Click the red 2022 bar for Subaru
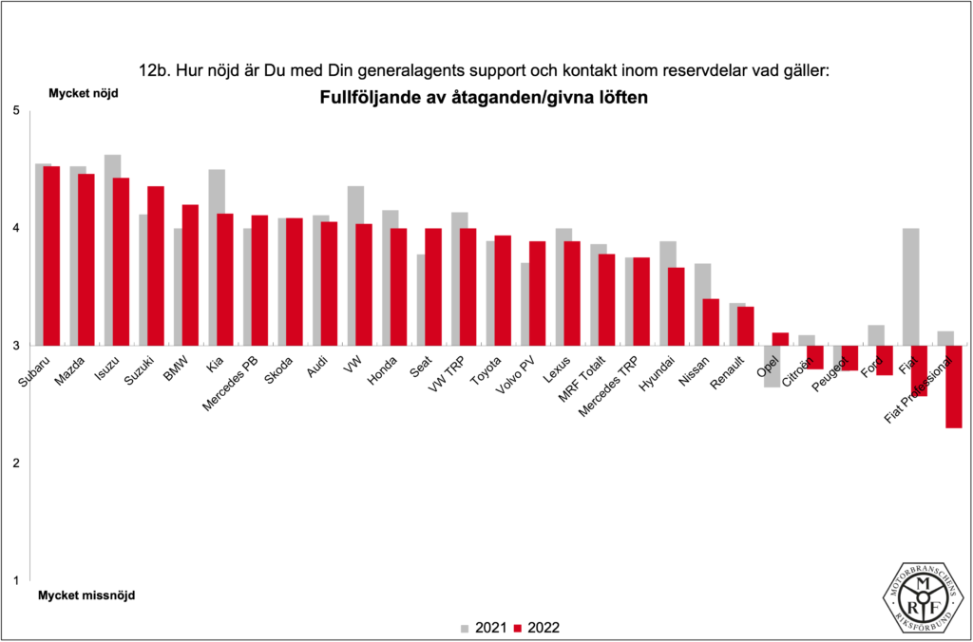(x=51, y=255)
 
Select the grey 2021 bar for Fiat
(x=910, y=287)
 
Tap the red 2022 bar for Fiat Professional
(x=953, y=387)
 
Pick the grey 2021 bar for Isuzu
(x=112, y=250)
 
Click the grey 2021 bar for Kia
(x=217, y=257)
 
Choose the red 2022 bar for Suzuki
(x=156, y=266)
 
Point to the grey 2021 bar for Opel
(x=772, y=366)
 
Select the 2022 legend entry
(x=536, y=627)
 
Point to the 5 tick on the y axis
(x=15, y=110)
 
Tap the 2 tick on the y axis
(x=15, y=463)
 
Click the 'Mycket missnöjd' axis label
(x=86, y=596)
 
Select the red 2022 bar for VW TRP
(x=468, y=287)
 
